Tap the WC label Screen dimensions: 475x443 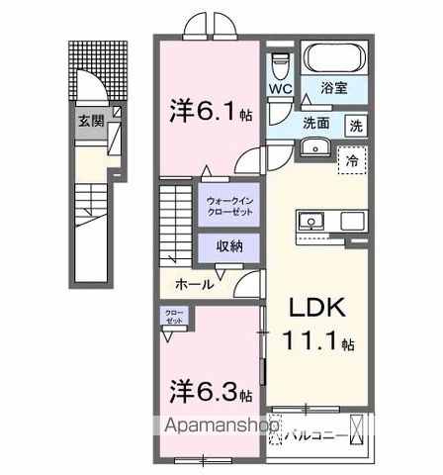[x=279, y=88]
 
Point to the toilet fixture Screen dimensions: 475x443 [x=278, y=62]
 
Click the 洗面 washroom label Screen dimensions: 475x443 [x=316, y=124]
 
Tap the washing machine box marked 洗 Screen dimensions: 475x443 [x=354, y=125]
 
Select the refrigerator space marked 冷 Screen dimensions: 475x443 [x=350, y=159]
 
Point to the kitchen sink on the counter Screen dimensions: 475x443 [x=310, y=220]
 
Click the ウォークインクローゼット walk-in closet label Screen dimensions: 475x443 [x=230, y=206]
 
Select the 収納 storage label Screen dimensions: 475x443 [x=229, y=246]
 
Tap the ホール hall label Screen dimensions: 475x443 [x=193, y=283]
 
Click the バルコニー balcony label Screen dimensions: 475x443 [x=318, y=433]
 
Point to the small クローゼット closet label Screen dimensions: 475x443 [x=173, y=320]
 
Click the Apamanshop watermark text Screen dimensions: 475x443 [x=220, y=427]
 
